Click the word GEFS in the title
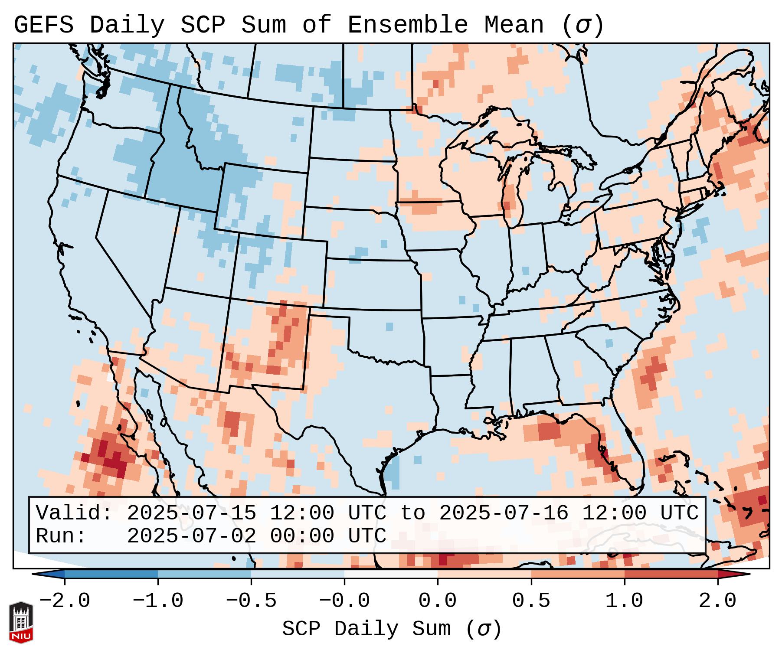[43, 25]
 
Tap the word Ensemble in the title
[407, 25]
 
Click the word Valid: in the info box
[74, 513]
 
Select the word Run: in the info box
[61, 536]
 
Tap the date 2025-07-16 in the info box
[504, 513]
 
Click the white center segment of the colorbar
[391, 574]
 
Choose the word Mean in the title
[514, 25]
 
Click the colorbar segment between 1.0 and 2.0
[671, 574]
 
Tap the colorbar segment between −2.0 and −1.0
[111, 574]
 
